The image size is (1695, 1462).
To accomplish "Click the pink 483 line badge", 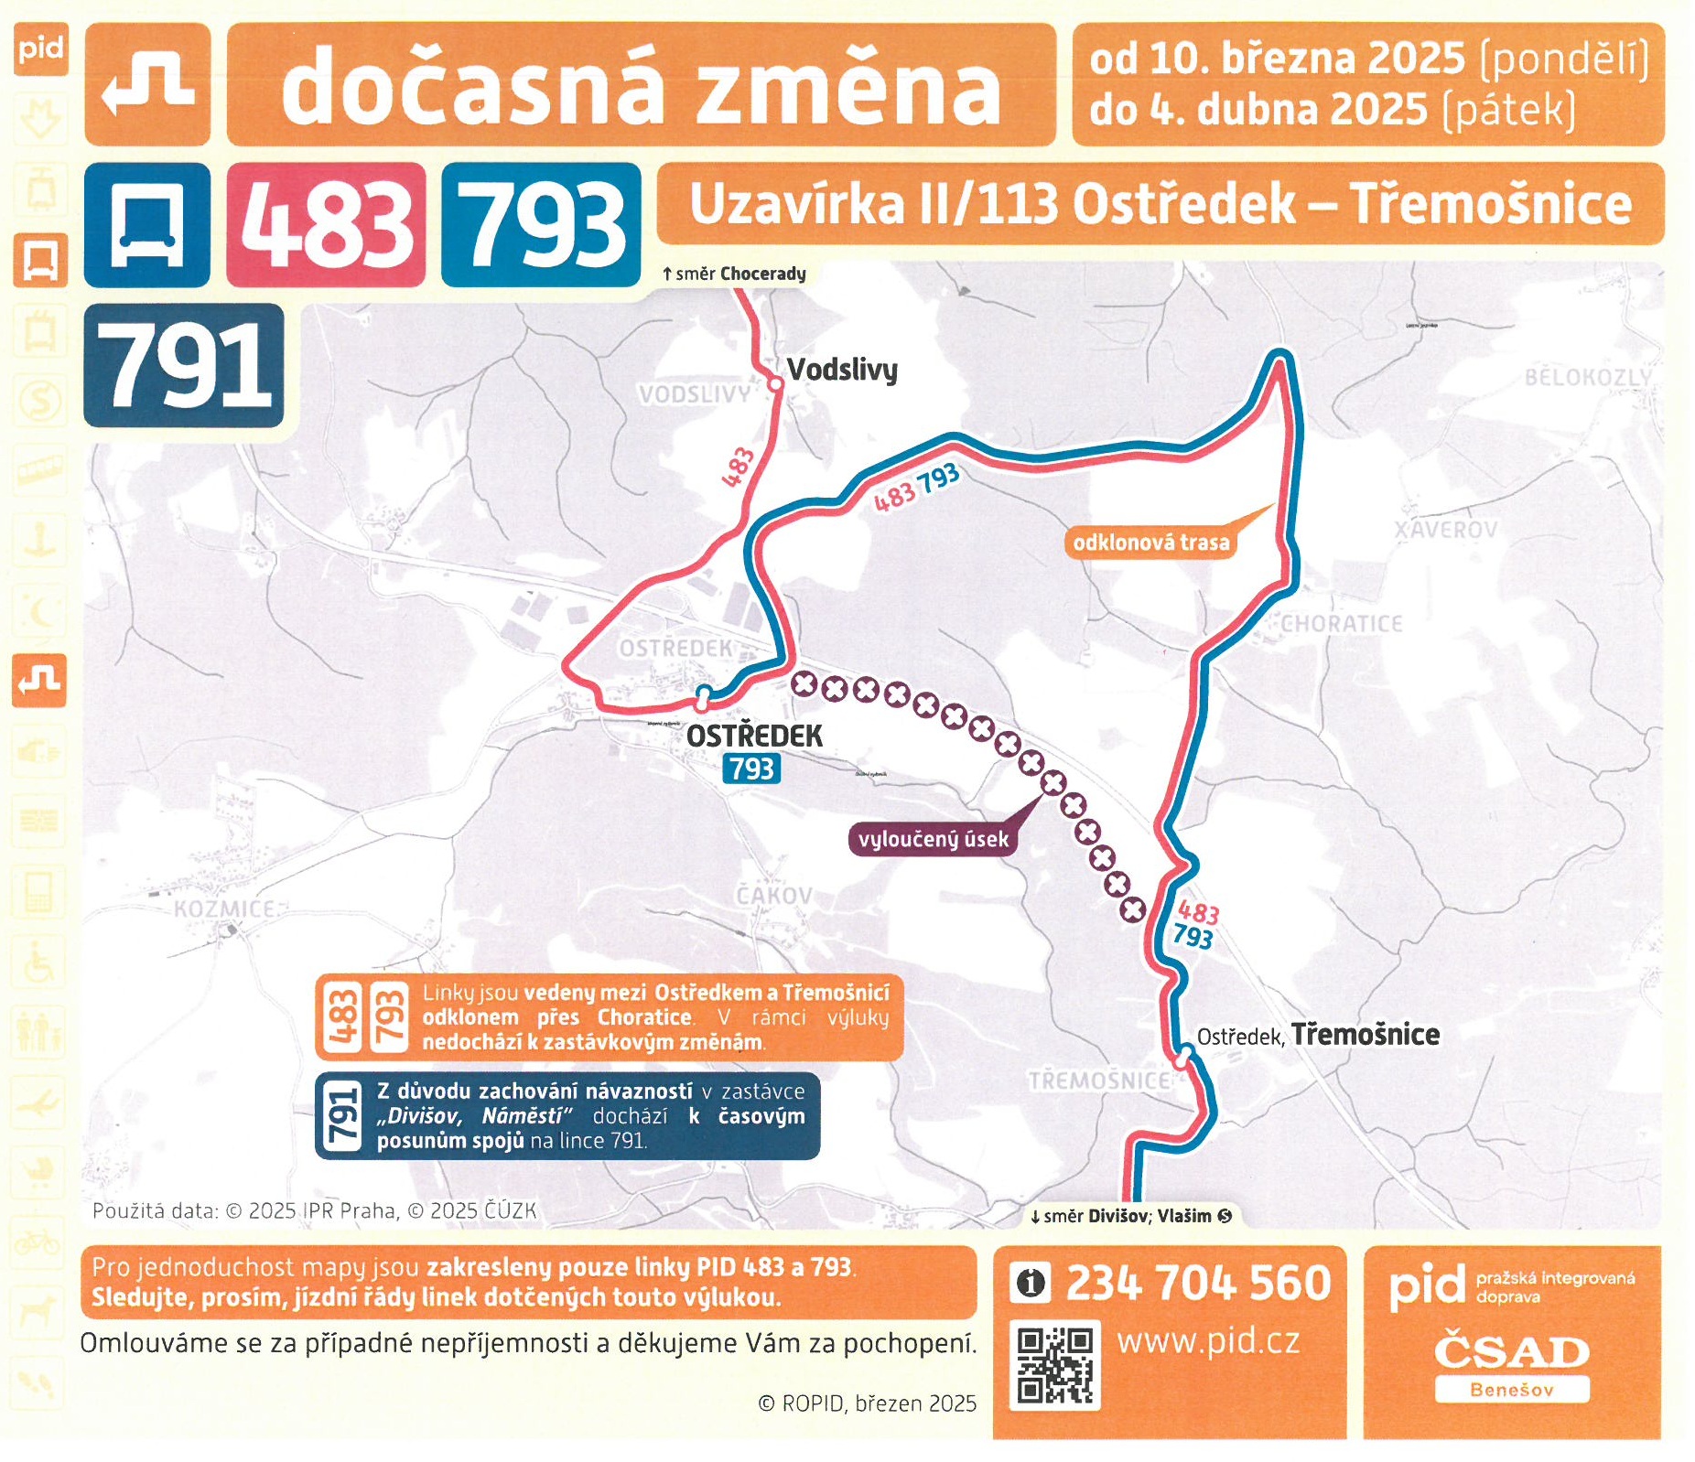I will [326, 225].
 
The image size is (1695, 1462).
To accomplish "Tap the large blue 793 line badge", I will [541, 225].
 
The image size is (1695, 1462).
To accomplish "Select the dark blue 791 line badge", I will [184, 366].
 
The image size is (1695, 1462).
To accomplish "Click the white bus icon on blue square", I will [147, 225].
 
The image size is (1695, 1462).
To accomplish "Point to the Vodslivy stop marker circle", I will [775, 385].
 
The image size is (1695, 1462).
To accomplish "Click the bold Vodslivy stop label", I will [842, 370].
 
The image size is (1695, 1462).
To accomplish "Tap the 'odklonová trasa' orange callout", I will [1150, 543].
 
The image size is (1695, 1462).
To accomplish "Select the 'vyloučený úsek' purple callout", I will [933, 839].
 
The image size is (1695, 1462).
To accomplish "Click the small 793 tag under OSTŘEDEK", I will [751, 769].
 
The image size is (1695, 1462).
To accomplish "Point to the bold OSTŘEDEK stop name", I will [754, 736].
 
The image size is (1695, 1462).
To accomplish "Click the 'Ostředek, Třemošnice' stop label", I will [1318, 1035].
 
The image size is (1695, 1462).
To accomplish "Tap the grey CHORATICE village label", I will [1341, 624].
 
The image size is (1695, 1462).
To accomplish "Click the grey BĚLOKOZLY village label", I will [1588, 377].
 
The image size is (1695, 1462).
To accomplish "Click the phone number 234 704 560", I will [1197, 1283].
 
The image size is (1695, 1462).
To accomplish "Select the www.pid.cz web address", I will [1208, 1341].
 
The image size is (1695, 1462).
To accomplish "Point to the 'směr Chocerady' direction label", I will [734, 274].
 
